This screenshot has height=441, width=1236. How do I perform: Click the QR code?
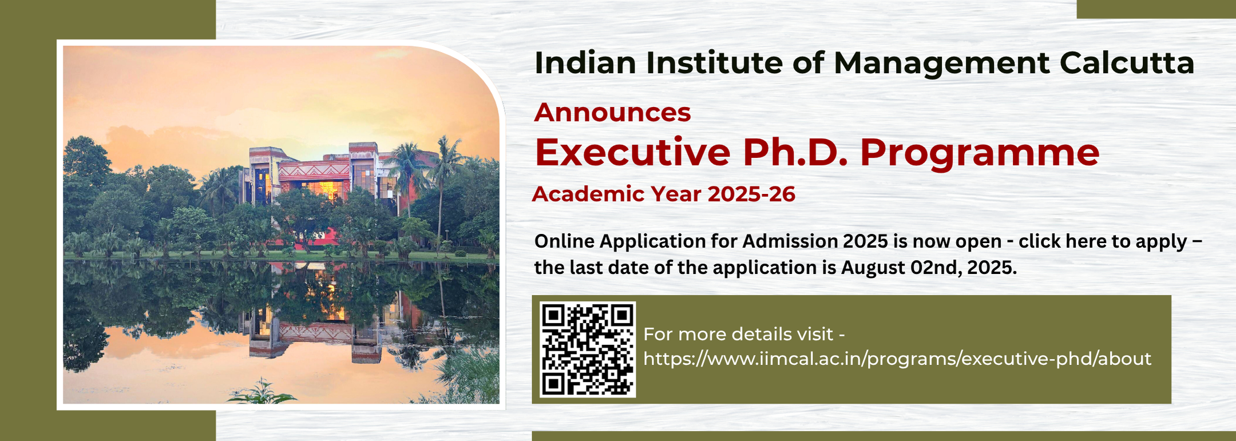[x=588, y=349]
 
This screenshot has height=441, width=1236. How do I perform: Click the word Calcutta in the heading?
[x=1127, y=63]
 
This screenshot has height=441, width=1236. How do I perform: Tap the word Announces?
[x=612, y=112]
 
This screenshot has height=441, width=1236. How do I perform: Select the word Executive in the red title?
[x=632, y=152]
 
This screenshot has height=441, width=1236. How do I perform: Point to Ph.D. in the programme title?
[x=795, y=152]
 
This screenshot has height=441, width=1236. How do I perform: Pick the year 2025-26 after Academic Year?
[x=751, y=194]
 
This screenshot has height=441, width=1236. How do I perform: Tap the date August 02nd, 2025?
[x=928, y=268]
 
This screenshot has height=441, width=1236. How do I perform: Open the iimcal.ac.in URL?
[x=897, y=359]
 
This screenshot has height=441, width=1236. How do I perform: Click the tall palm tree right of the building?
[x=443, y=183]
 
